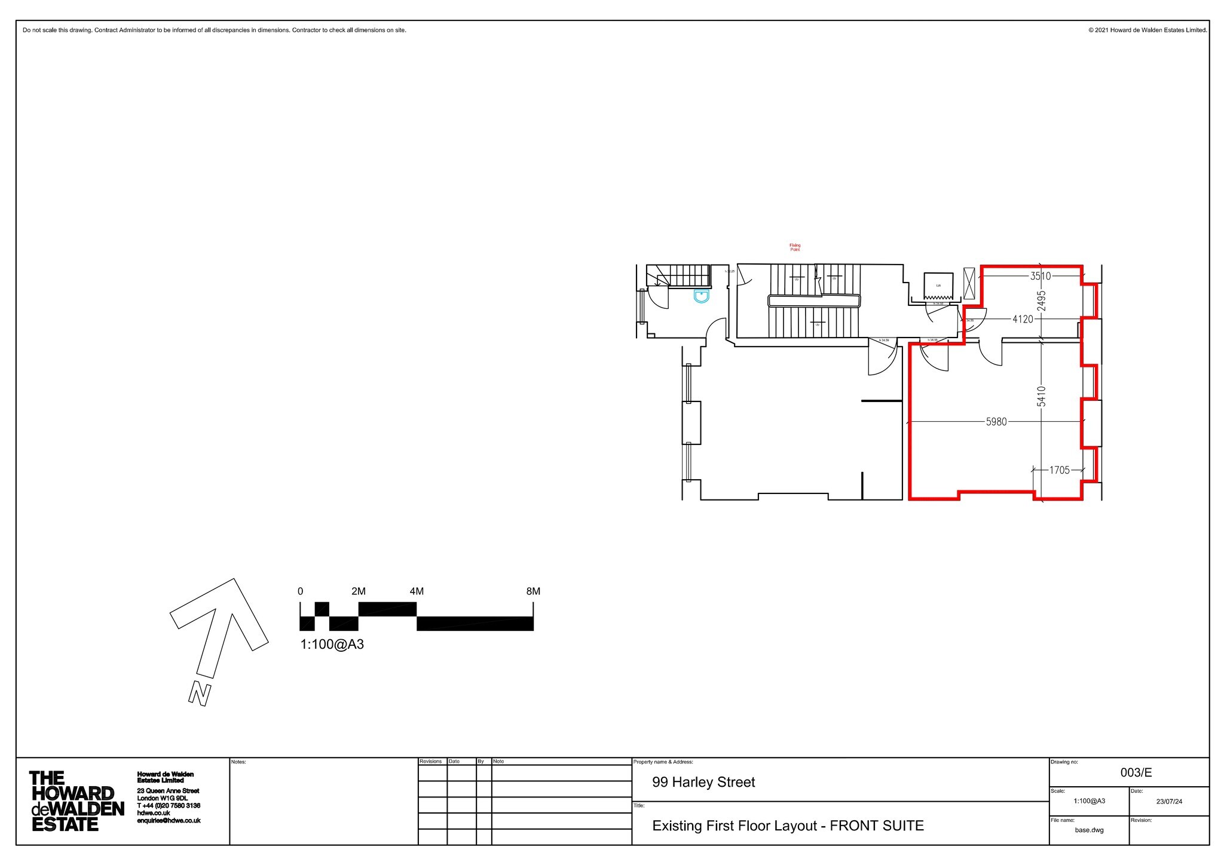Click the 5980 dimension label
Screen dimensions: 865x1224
[996, 422]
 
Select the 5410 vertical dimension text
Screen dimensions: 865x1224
[1041, 397]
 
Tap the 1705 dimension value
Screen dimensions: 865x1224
[1059, 471]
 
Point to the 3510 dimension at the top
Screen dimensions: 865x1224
[1040, 276]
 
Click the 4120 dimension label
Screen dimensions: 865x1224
[1023, 320]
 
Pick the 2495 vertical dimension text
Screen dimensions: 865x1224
[1041, 300]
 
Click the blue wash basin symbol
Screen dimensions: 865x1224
[702, 296]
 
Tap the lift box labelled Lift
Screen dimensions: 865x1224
[938, 286]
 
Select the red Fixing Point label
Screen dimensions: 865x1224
[795, 247]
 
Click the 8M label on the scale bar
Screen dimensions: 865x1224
[533, 591]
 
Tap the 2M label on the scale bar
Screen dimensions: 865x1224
[359, 591]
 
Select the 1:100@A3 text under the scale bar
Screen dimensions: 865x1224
[332, 645]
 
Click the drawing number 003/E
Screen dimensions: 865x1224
[1136, 772]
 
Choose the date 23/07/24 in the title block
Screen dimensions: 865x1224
[1168, 802]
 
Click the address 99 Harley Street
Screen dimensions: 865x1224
[703, 782]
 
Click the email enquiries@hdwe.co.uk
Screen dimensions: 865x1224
[169, 821]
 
